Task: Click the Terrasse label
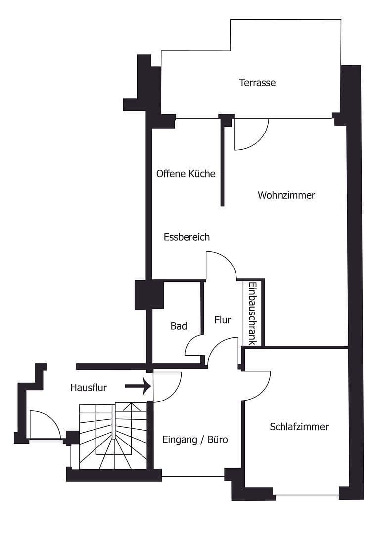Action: click(x=257, y=83)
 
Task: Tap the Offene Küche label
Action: click(x=186, y=174)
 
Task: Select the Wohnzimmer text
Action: click(x=286, y=195)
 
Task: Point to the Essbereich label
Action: click(x=187, y=237)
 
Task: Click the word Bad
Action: click(x=179, y=326)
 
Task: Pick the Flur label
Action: click(x=223, y=320)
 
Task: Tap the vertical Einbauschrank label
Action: click(x=252, y=313)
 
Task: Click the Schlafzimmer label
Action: click(x=299, y=427)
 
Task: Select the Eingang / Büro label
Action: click(x=195, y=439)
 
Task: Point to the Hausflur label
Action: click(x=89, y=388)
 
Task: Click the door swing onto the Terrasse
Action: click(x=250, y=134)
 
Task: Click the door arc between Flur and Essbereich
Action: click(x=221, y=266)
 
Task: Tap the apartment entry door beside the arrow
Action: click(x=167, y=386)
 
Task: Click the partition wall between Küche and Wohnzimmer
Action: click(x=223, y=163)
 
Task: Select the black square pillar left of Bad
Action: click(x=149, y=295)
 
